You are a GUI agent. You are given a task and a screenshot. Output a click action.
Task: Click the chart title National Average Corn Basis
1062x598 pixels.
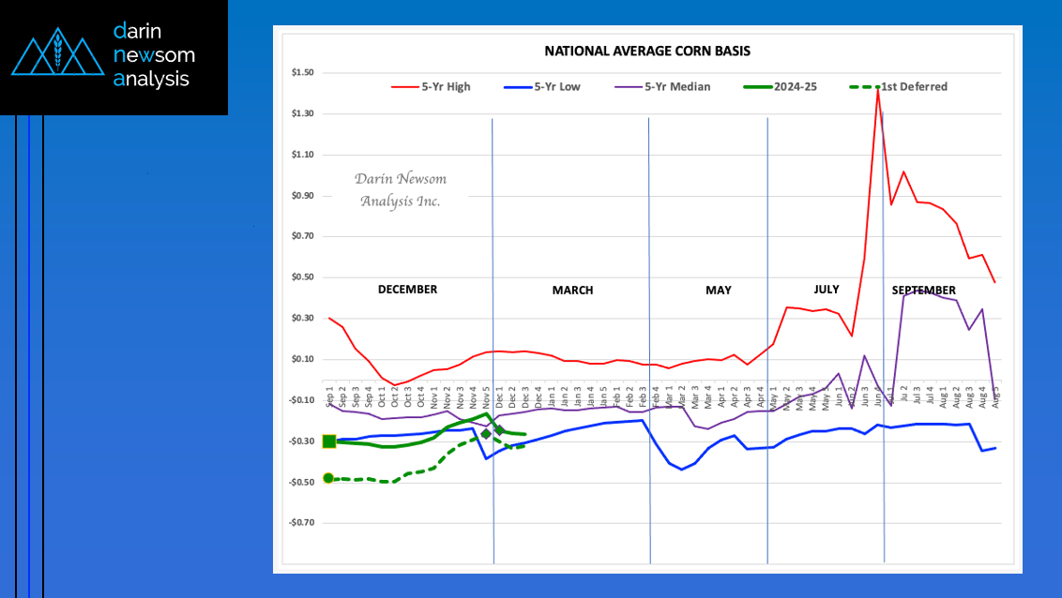pyautogui.click(x=647, y=51)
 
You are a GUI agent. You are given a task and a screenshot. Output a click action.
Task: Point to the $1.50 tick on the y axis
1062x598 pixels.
pyautogui.click(x=302, y=73)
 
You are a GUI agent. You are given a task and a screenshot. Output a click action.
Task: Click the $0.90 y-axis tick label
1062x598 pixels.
pyautogui.click(x=302, y=196)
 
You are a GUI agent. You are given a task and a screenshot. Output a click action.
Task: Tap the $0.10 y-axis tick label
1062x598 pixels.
pyautogui.click(x=302, y=359)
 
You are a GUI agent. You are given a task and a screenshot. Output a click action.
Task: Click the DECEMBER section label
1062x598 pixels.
pyautogui.click(x=407, y=290)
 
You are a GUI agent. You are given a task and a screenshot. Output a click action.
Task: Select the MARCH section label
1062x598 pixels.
pyautogui.click(x=572, y=291)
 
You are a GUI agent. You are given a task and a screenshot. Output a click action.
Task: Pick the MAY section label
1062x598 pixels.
pyautogui.click(x=719, y=291)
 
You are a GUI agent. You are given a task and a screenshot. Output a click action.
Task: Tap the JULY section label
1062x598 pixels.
pyautogui.click(x=820, y=290)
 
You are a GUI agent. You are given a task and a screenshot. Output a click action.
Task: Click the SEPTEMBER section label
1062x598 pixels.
pyautogui.click(x=924, y=291)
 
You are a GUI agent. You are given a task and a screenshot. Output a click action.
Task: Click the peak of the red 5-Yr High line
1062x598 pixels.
pyautogui.click(x=877, y=89)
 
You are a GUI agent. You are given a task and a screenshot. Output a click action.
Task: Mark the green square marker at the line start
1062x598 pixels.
pyautogui.click(x=329, y=441)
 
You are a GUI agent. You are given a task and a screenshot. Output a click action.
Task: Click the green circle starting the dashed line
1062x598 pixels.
pyautogui.click(x=328, y=478)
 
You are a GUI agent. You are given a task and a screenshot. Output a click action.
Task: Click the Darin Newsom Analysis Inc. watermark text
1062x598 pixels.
pyautogui.click(x=400, y=189)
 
